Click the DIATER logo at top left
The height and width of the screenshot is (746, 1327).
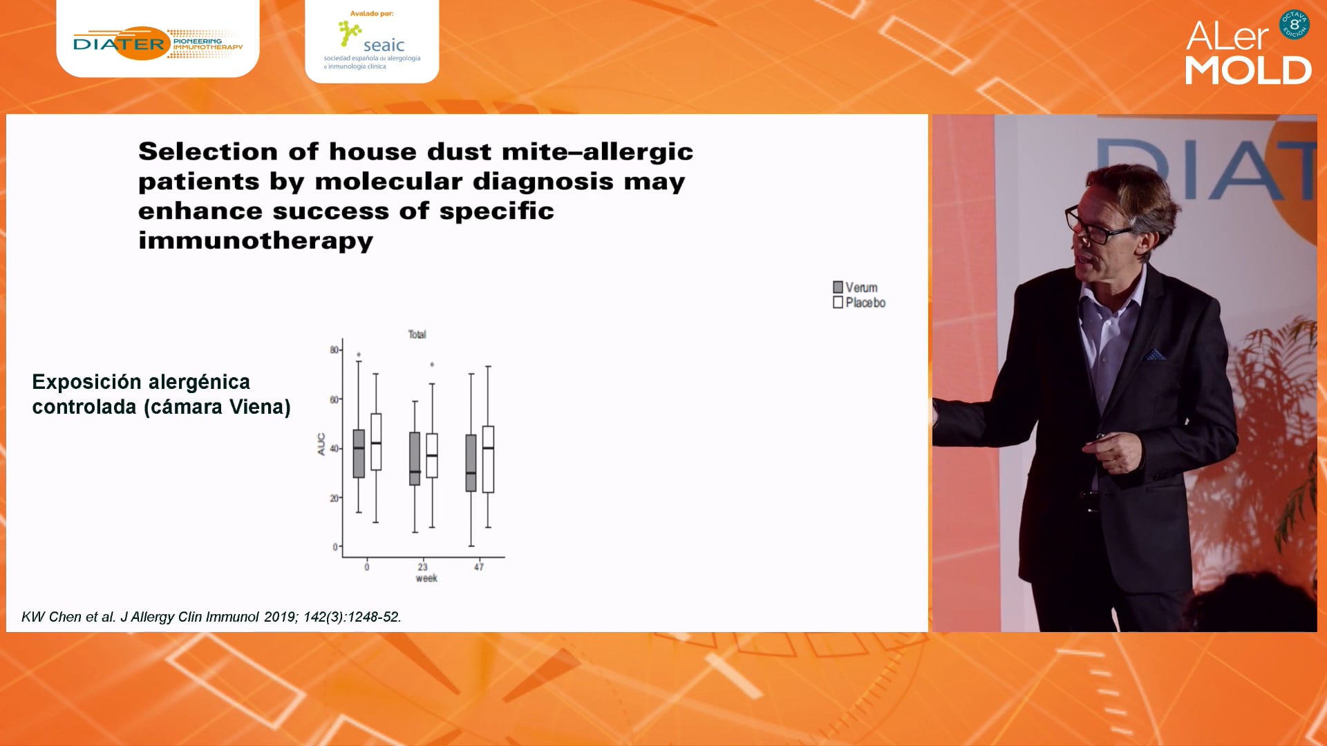pos(158,44)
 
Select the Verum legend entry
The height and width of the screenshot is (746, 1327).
pos(855,287)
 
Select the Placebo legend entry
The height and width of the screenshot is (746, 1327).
pos(859,303)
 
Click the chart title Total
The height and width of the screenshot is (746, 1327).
pos(417,334)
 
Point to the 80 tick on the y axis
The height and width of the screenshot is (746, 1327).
pos(335,350)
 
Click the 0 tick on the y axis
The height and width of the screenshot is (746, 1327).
pos(335,547)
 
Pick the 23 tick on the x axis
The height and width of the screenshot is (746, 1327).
pos(422,567)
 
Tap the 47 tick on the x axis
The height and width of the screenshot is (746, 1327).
pos(479,567)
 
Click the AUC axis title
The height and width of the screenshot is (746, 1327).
pos(321,444)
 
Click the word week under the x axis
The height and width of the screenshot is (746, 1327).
pos(426,578)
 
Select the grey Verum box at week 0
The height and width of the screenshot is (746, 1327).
pos(359,454)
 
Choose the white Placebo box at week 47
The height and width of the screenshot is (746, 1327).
pos(488,459)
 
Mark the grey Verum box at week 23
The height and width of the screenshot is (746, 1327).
pos(415,459)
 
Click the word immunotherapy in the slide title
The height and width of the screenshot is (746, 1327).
pos(256,241)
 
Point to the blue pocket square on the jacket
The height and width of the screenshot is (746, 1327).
pos(1154,355)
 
